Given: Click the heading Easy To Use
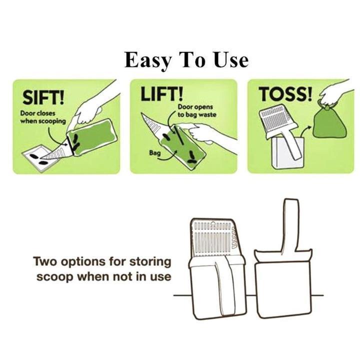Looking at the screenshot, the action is coord(186,60).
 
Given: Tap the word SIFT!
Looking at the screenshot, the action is coord(43,97).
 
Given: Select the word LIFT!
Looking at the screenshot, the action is coord(162,94).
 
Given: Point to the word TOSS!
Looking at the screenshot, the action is coord(285,94).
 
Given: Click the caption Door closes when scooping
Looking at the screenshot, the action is coord(43,117).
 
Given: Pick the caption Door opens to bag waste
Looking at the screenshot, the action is coord(197,110).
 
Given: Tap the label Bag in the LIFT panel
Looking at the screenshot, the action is coord(154,152).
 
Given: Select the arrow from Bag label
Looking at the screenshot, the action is coord(169,155).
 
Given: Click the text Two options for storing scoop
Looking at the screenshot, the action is coord(102,269).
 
